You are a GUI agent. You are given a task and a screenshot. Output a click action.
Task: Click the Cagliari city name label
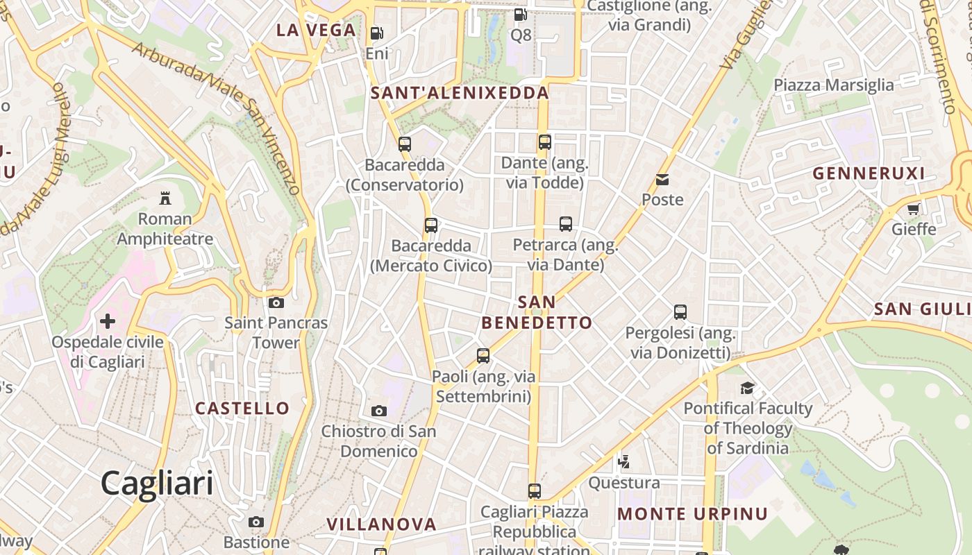click(157, 482)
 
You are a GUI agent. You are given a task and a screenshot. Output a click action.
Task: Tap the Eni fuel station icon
click(376, 33)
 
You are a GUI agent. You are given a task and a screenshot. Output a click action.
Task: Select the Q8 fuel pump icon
click(520, 14)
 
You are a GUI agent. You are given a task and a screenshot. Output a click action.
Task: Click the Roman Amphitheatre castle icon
click(165, 198)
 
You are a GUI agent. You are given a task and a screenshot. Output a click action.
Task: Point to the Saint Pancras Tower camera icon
click(276, 302)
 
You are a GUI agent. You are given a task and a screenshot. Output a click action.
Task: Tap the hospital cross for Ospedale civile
click(108, 321)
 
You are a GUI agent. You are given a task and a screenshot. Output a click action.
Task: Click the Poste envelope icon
click(662, 180)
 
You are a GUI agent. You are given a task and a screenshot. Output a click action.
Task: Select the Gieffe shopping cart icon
click(913, 209)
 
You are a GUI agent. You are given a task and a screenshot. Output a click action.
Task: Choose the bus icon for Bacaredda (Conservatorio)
click(404, 144)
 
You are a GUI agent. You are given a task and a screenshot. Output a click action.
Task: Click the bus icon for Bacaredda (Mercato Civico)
click(431, 225)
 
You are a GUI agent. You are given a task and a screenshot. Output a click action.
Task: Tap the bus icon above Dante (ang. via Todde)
click(545, 142)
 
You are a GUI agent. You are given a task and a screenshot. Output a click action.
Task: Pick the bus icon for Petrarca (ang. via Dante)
click(566, 224)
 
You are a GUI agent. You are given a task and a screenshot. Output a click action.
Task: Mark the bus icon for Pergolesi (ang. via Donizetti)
click(680, 312)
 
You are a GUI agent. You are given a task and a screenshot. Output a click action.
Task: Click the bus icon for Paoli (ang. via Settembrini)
click(483, 356)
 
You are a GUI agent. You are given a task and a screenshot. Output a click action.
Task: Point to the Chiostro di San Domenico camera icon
click(378, 411)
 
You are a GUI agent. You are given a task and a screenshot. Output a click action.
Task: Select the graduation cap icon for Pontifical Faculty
click(747, 388)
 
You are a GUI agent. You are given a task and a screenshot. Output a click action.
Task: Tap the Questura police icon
click(624, 461)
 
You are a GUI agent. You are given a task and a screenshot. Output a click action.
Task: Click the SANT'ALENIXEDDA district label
click(460, 93)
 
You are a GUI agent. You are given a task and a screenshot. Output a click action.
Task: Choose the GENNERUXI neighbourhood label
click(869, 173)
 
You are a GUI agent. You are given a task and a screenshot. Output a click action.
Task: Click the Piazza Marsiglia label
click(834, 85)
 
